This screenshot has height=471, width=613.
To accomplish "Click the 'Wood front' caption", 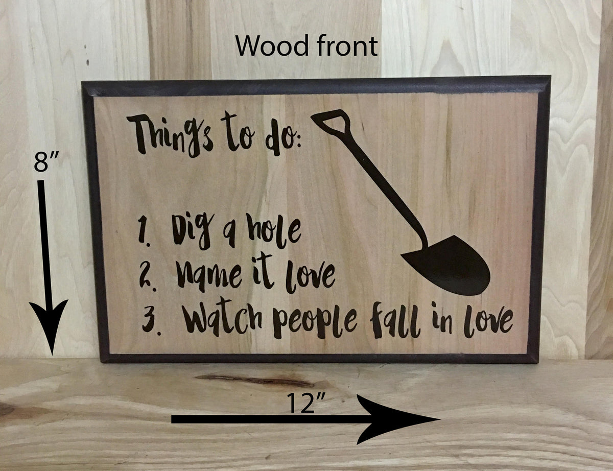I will [306, 46].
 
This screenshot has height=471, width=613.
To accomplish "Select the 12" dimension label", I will [305, 405].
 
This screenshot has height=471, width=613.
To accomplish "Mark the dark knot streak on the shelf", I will [255, 380].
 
